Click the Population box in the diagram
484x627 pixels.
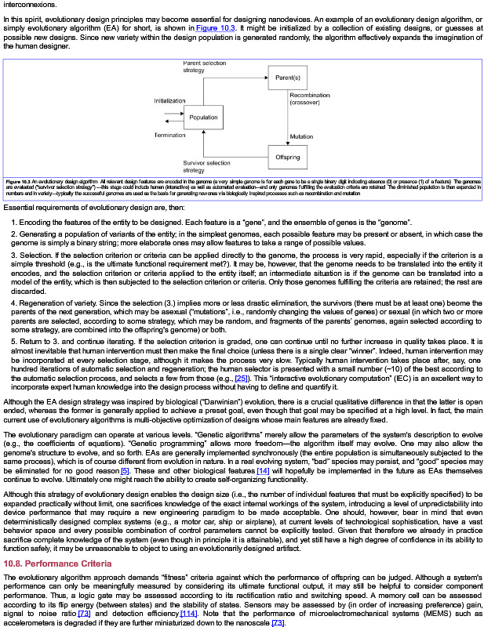point(203,118)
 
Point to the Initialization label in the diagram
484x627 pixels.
point(169,101)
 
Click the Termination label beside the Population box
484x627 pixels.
point(169,135)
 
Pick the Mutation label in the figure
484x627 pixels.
point(301,136)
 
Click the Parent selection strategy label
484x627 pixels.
point(204,66)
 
